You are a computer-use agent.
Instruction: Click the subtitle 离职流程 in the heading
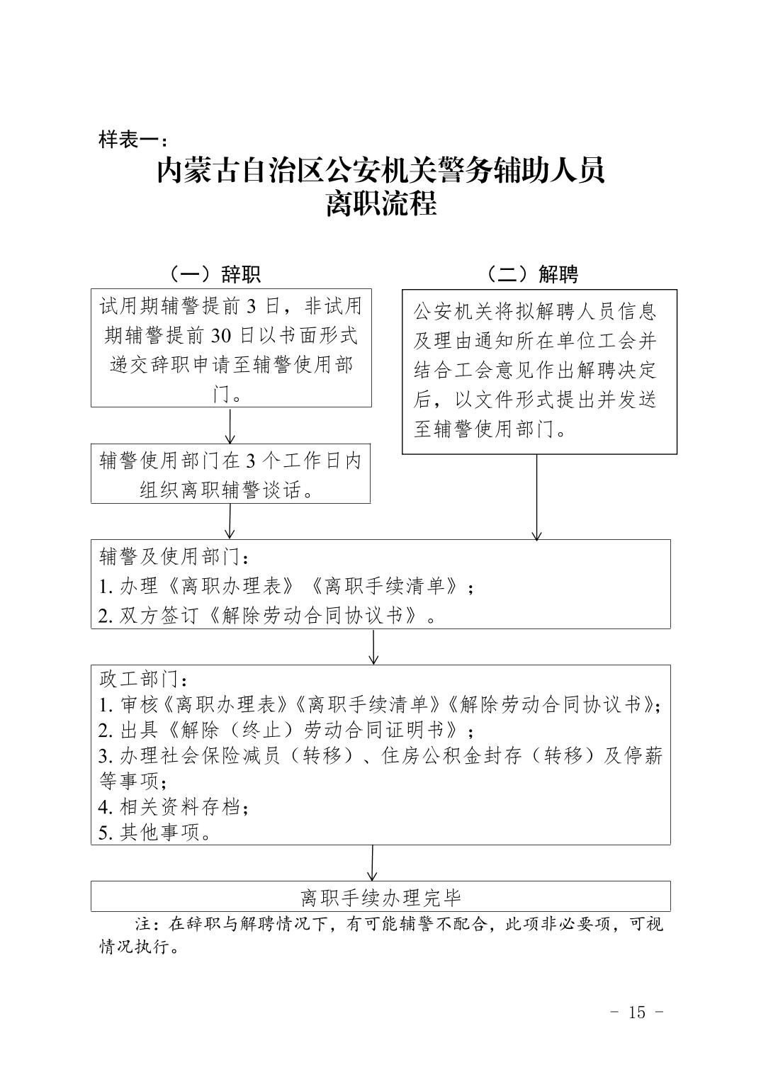click(x=380, y=205)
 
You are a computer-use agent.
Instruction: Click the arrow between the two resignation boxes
click(x=230, y=425)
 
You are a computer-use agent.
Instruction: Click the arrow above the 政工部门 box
click(x=373, y=646)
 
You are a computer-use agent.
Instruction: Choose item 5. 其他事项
click(x=156, y=833)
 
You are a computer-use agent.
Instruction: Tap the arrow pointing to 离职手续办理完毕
click(x=373, y=862)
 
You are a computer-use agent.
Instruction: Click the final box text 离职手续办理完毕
click(x=380, y=898)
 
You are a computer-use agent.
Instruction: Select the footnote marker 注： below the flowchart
click(x=150, y=925)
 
